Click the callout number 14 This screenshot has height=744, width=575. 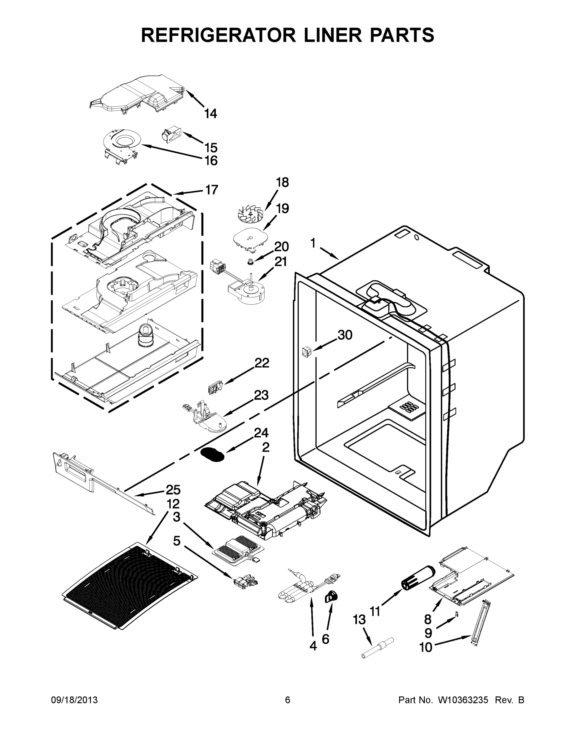point(210,114)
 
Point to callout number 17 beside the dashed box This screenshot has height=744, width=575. point(211,190)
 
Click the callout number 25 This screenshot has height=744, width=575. point(173,490)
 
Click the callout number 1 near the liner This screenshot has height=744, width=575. point(313,243)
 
